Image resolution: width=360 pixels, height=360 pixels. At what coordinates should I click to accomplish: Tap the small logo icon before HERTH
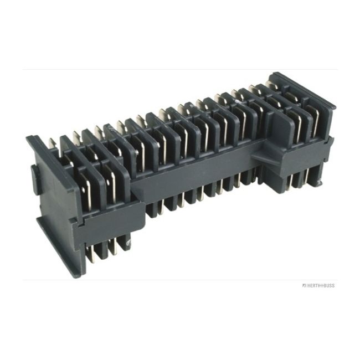[304, 286]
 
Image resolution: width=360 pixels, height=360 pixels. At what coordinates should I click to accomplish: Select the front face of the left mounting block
[108, 216]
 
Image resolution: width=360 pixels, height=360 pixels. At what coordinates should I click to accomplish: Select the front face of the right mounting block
[302, 161]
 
